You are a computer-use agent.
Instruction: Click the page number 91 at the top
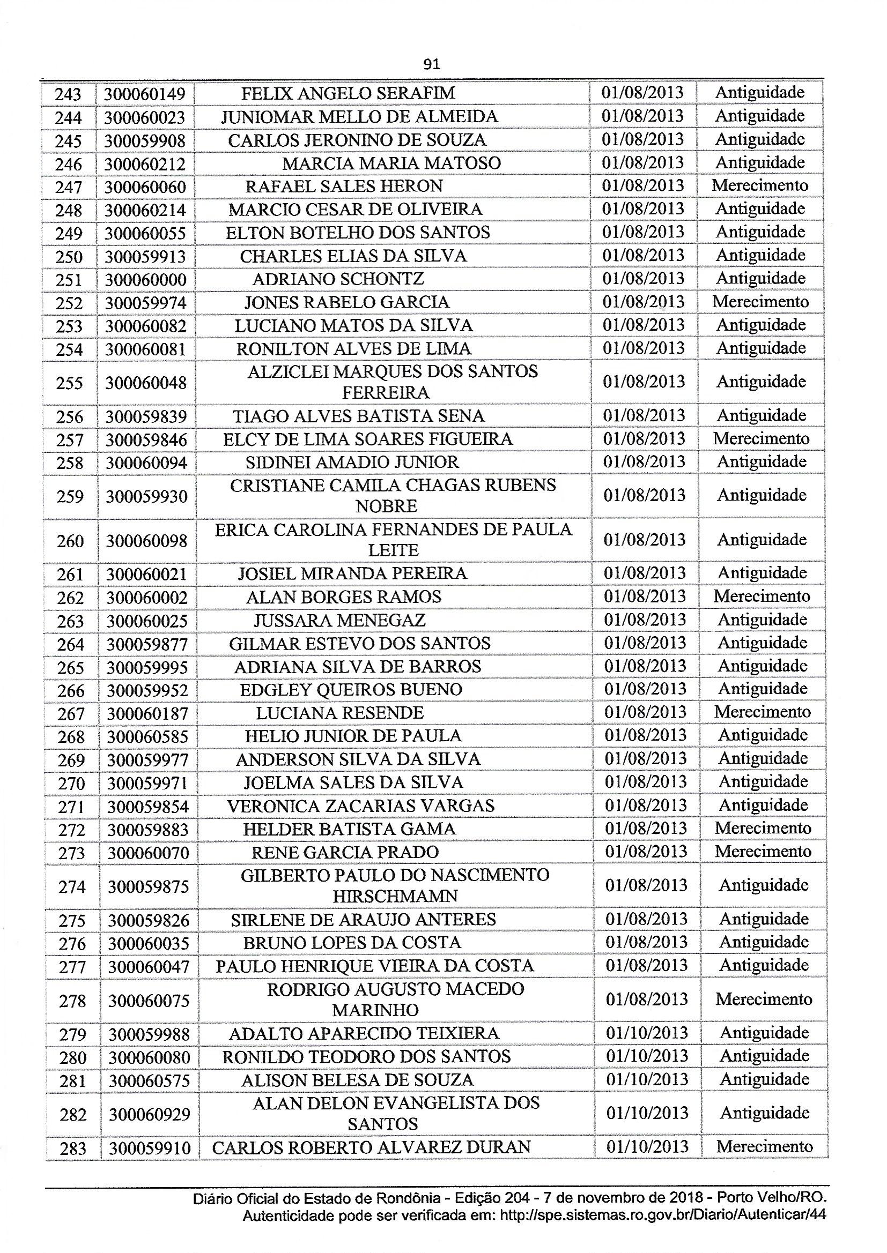[432, 64]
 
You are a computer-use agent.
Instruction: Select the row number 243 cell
[68, 94]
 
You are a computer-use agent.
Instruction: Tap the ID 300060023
[145, 117]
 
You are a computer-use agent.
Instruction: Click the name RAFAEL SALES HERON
[344, 186]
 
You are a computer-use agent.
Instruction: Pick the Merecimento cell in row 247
[760, 185]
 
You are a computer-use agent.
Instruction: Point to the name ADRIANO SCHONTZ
[338, 279]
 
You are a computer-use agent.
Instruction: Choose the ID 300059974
[146, 303]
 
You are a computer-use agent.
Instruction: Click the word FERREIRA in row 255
[386, 393]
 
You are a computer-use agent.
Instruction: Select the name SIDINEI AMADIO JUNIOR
[352, 462]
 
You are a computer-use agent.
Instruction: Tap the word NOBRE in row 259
[386, 506]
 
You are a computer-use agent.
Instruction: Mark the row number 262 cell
[71, 598]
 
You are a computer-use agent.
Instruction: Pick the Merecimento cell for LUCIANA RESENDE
[763, 712]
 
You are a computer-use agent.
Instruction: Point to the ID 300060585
[147, 737]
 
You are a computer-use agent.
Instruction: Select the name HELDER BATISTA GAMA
[350, 829]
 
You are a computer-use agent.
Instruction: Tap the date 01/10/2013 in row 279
[647, 1033]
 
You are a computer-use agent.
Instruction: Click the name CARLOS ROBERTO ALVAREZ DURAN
[372, 1147]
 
